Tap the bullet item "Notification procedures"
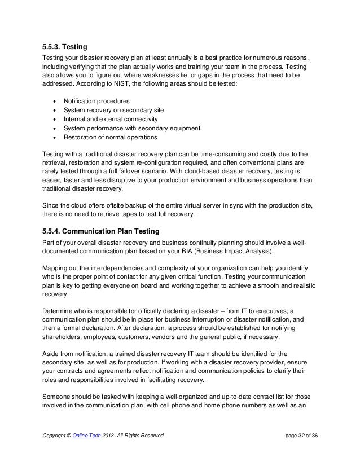pos(96,100)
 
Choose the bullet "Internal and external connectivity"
pos(110,118)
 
